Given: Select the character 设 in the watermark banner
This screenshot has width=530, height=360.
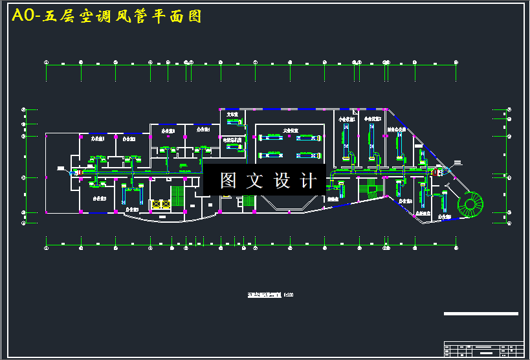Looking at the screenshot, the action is (x=282, y=181).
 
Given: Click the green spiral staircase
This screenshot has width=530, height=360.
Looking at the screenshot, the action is (x=470, y=205).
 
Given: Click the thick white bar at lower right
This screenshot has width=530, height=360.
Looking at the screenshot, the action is (x=481, y=313).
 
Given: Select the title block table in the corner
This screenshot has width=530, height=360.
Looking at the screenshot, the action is (x=483, y=349).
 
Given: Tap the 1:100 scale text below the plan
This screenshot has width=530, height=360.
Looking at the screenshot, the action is (x=289, y=295).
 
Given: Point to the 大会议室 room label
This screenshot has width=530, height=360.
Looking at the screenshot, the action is (x=291, y=130).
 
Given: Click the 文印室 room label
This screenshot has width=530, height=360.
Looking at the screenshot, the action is (x=232, y=114).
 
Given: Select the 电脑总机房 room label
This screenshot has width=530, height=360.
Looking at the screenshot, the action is (x=232, y=139).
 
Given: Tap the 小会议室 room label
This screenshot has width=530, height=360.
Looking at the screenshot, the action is (x=347, y=120).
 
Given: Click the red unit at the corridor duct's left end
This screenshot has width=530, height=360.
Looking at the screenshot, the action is (x=70, y=172).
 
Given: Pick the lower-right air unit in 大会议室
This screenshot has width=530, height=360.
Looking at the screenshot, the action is (x=308, y=155).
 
